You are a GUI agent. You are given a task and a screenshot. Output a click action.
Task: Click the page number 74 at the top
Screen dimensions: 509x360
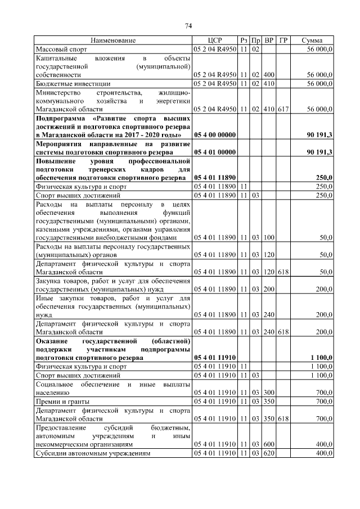pos(188,26)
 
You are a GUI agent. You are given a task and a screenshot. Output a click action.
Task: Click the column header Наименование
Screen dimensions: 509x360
pos(113,41)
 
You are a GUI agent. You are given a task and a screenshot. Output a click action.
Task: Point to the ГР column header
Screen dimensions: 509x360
pos(283,41)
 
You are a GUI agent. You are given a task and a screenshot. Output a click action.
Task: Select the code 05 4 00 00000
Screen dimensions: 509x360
pos(214,135)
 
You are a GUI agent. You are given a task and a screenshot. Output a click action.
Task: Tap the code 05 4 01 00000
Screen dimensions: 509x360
pos(214,152)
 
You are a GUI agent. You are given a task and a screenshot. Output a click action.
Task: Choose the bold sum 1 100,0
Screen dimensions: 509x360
pos(321,357)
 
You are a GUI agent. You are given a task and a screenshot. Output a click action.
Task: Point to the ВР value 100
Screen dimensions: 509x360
pos(269,237)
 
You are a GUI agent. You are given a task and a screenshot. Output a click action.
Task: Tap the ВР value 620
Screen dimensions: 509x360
pos(269,453)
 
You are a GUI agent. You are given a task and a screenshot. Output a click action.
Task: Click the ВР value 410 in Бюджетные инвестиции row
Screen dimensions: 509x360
pos(269,84)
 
